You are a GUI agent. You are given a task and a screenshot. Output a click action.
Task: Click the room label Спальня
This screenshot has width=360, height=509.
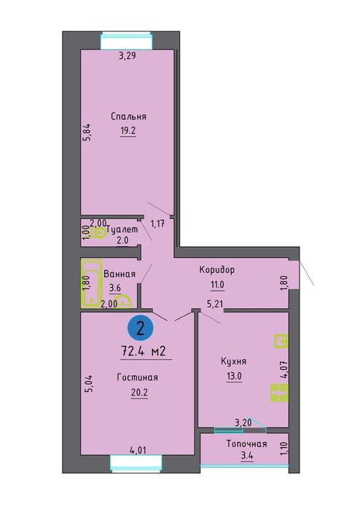click(128, 117)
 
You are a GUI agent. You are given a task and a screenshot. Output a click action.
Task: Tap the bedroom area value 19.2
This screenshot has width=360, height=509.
click(128, 130)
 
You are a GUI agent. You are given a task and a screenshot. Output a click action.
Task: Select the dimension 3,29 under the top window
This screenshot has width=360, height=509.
click(127, 56)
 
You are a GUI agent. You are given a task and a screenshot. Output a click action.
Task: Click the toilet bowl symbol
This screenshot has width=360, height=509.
click(98, 233)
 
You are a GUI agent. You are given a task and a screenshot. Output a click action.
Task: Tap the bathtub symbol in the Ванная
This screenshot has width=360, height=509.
click(91, 284)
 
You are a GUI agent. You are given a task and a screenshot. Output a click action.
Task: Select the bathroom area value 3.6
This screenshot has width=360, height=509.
click(114, 288)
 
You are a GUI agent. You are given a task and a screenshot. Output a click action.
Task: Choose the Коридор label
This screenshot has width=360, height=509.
click(216, 269)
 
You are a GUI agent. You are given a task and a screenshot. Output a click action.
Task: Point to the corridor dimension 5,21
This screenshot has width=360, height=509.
click(216, 304)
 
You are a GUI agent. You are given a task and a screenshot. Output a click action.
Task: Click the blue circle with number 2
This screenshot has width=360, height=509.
click(141, 329)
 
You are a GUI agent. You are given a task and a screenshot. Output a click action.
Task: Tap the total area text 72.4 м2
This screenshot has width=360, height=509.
click(144, 351)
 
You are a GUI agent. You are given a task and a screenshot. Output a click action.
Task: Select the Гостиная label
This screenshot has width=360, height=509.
click(138, 377)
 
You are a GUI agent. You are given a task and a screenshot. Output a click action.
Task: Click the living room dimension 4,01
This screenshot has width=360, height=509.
click(138, 450)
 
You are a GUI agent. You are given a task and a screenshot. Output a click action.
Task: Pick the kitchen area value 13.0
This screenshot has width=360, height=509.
click(234, 376)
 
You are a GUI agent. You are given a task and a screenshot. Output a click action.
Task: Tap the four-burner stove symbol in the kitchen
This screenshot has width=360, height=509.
click(279, 392)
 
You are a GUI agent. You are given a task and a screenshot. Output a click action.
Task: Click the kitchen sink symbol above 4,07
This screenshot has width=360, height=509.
click(281, 342)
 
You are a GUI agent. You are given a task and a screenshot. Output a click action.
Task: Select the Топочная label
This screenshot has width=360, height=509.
click(246, 443)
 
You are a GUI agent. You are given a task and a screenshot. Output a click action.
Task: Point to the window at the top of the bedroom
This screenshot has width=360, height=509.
click(126, 41)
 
